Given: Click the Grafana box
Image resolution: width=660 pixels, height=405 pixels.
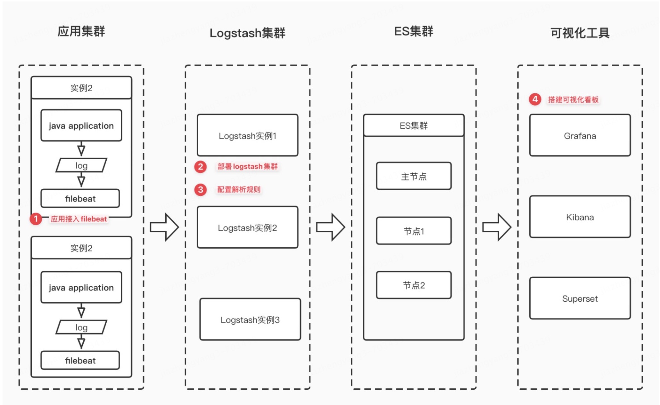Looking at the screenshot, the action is (580, 135).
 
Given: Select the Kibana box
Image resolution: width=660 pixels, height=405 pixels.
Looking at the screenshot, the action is (580, 217).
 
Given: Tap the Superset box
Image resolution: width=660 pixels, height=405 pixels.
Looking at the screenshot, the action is (580, 298).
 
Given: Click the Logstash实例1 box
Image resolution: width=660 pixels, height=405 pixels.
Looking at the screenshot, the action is (247, 135).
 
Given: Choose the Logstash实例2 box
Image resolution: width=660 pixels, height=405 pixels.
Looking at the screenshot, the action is (247, 227).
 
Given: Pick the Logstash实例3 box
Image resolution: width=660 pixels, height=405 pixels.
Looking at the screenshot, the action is (250, 319).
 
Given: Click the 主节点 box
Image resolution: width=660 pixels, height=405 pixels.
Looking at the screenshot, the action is (414, 176).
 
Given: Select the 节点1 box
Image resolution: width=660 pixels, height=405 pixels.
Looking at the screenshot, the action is (414, 231).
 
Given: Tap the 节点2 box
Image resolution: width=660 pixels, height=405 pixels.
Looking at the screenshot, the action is (414, 285).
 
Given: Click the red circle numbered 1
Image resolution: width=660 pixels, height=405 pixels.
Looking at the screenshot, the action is (36, 219).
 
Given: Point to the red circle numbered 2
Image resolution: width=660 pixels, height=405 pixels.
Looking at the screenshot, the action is (201, 166).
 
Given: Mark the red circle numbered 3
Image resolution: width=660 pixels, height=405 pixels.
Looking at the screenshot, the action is (201, 189).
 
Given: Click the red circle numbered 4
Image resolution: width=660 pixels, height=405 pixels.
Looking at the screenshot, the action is (535, 99).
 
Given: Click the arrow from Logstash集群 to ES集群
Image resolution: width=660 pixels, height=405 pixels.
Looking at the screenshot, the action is (331, 227).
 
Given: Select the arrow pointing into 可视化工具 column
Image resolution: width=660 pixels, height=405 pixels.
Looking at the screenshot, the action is (497, 227).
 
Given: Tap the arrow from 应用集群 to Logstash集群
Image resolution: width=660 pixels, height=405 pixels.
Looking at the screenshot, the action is (164, 227).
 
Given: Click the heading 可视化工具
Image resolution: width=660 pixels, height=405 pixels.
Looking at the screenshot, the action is (580, 33).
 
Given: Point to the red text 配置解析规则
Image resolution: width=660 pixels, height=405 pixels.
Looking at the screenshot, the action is (239, 189).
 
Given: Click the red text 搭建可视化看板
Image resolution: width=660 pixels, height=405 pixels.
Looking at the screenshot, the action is (573, 99).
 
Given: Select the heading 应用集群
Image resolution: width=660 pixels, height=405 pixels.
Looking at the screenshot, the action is (81, 31).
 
